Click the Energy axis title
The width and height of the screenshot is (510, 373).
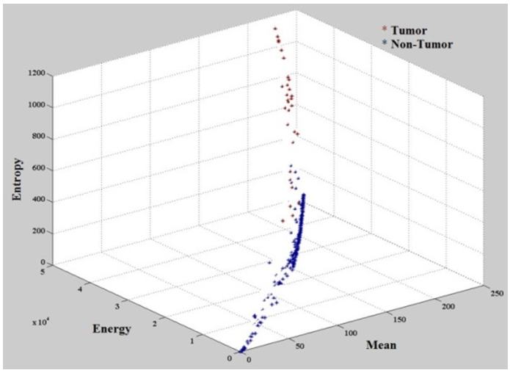coord(112,328)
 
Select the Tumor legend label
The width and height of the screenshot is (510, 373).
coord(409,30)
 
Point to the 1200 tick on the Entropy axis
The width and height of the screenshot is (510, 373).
coord(37,74)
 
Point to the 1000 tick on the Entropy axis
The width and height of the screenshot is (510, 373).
coord(37,106)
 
